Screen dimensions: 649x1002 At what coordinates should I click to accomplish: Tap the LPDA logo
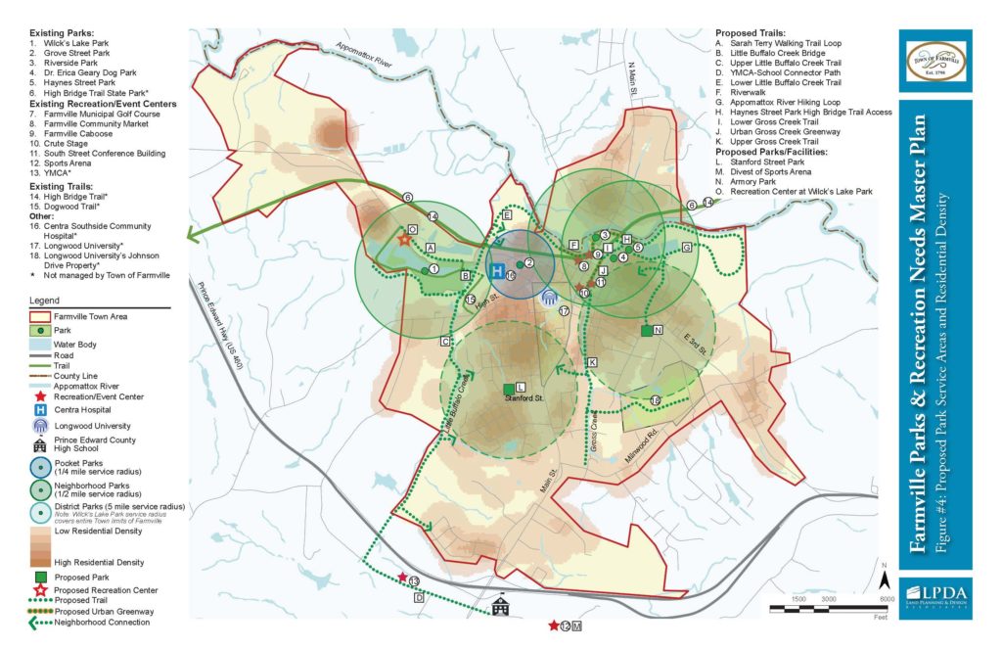point(934,596)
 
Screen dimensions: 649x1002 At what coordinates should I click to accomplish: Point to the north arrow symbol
point(884,579)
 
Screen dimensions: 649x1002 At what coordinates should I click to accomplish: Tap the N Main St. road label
point(632,77)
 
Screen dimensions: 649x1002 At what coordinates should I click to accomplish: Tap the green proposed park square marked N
point(646,331)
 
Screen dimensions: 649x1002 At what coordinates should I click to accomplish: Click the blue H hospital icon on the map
point(497,270)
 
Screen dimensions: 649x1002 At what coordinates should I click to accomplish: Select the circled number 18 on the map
point(655,398)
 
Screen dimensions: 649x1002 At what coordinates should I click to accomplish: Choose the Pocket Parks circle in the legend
point(39,467)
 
